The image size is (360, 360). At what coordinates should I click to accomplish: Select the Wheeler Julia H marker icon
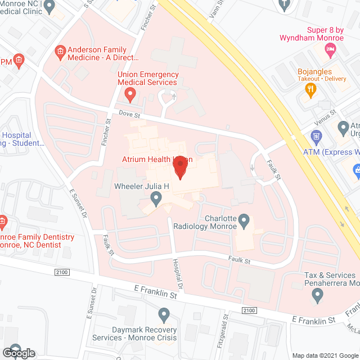pos(156,197)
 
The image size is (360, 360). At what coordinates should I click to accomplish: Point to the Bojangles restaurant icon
pos(308,94)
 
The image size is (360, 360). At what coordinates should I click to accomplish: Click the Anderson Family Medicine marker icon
pos(60,53)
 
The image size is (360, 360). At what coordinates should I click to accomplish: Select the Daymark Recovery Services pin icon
pos(164,314)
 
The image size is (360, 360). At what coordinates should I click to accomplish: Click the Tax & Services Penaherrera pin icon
pos(318,296)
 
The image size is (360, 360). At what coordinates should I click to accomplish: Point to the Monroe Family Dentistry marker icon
pos(3,221)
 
